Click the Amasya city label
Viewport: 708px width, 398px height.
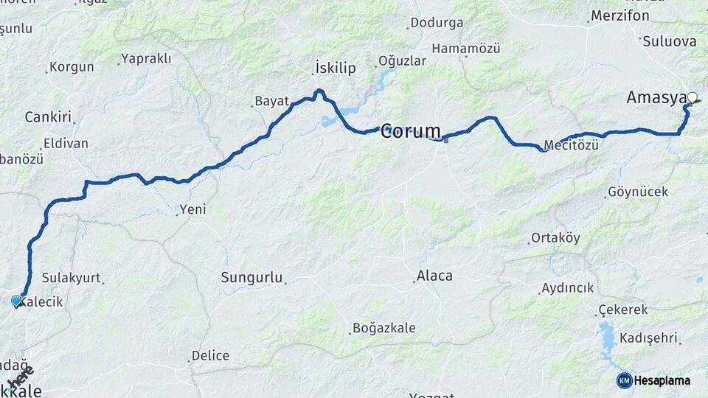tap(656, 97)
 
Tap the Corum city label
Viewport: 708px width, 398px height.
tap(411, 132)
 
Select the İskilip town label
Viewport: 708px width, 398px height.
tap(335, 68)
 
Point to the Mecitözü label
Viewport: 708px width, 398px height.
tap(571, 145)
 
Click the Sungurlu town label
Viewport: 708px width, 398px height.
tap(251, 278)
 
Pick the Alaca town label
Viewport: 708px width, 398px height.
tap(434, 276)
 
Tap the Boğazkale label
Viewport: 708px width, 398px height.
tap(383, 328)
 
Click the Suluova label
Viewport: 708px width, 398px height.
tap(669, 41)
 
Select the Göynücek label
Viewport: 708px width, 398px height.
tap(638, 192)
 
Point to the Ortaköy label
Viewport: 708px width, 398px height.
tap(555, 238)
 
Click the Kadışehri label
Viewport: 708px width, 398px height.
tap(648, 338)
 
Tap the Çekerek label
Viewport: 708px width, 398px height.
tap(623, 310)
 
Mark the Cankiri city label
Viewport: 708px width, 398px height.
tap(47, 117)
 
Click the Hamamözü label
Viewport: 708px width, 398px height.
tap(466, 49)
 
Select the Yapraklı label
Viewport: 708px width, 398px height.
tap(145, 57)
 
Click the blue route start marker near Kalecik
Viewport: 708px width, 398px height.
tap(16, 301)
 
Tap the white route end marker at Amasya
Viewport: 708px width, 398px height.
tap(693, 97)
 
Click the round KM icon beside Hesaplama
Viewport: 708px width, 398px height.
tap(624, 380)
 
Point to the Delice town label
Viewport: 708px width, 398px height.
tap(210, 356)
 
